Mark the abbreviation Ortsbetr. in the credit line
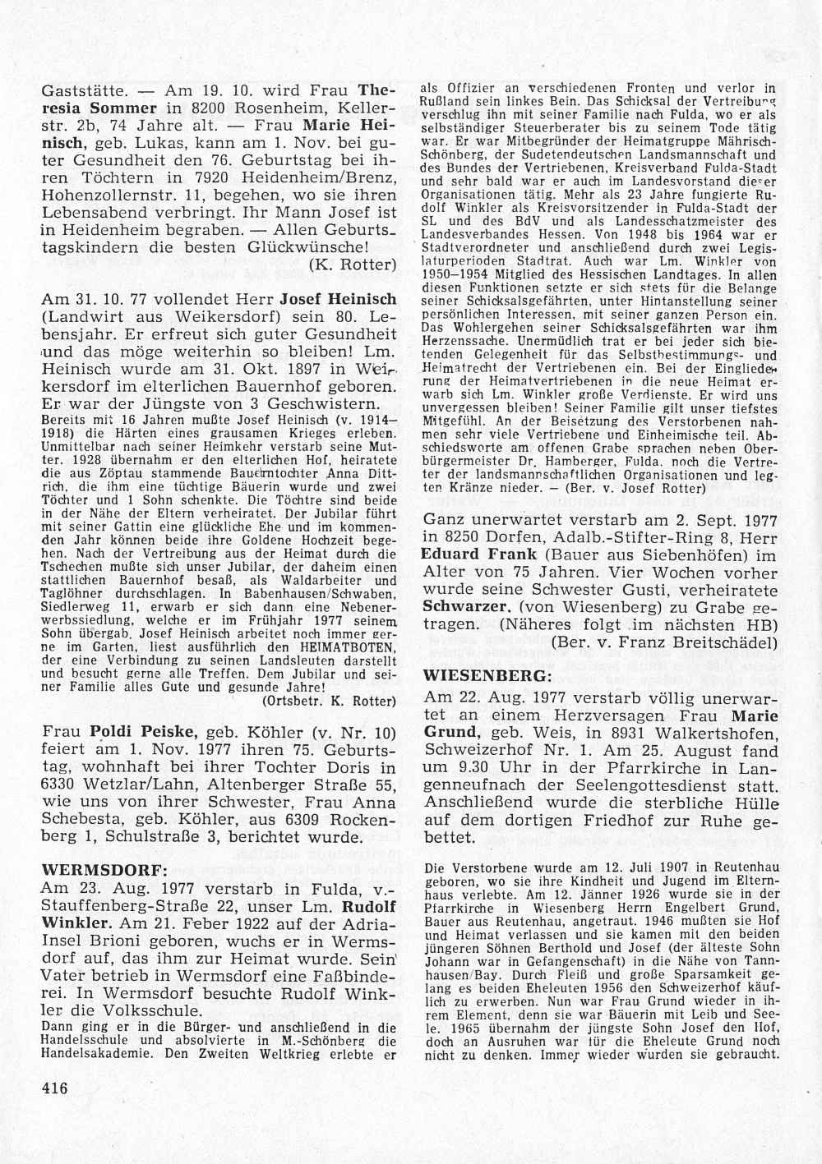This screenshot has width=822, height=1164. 289,700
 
